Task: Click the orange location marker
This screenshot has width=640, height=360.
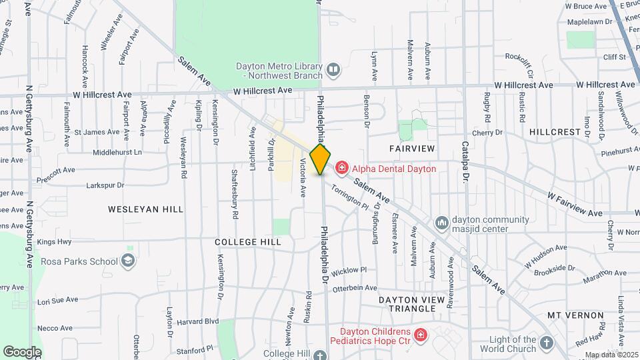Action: point(321,159)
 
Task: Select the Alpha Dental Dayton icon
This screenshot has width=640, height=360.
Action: point(342,168)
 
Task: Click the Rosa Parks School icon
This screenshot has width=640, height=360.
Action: point(129,261)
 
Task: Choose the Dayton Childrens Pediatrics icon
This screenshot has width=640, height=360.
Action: point(420,335)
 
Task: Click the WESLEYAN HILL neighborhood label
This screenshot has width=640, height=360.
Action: point(146,209)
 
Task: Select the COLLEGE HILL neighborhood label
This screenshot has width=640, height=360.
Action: point(247,242)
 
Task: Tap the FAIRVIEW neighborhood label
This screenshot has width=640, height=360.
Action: point(412,147)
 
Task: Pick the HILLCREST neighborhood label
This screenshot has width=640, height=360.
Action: point(555,132)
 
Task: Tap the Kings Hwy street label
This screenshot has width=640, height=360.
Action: point(55,241)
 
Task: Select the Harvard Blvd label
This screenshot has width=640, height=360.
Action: point(203,321)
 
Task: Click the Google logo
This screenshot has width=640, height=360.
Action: point(22,351)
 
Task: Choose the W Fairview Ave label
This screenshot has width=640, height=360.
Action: point(575,204)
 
